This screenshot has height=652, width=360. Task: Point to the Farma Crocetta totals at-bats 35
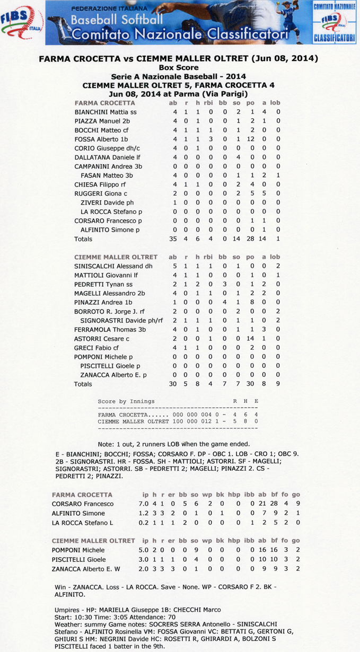pyautogui.click(x=173, y=239)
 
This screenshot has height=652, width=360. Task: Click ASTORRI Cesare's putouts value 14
pyautogui.click(x=251, y=338)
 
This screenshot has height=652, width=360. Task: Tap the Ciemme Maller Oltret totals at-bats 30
pyautogui.click(x=173, y=384)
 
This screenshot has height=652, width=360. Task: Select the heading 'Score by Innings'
pyautogui.click(x=126, y=401)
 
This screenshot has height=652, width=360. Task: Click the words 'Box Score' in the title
pyautogui.click(x=179, y=67)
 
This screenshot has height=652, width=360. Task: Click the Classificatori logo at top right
pyautogui.click(x=334, y=23)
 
